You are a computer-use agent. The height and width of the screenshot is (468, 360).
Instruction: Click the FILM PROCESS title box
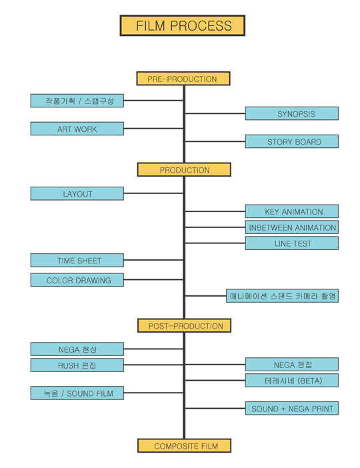click(183, 26)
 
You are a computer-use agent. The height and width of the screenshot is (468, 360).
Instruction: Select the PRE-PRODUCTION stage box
click(183, 79)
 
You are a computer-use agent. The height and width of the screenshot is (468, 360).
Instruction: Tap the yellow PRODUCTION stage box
click(184, 169)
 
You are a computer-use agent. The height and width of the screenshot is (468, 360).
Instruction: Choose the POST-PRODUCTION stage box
click(184, 325)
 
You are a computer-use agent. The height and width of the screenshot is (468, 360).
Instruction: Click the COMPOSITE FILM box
click(184, 445)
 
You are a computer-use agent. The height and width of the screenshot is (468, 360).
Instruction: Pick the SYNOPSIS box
click(291, 113)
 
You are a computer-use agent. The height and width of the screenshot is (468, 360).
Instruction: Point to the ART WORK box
click(77, 129)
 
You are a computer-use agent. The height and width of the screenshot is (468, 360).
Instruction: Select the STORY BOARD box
click(291, 141)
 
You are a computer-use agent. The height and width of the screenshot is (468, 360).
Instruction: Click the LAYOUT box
click(77, 193)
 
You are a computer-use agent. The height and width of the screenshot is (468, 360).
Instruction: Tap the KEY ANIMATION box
click(291, 211)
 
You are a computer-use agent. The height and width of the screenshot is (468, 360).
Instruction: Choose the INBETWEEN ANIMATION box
click(291, 227)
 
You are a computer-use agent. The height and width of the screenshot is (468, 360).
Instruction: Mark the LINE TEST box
click(291, 243)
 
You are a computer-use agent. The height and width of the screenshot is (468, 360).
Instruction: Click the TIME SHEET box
click(77, 260)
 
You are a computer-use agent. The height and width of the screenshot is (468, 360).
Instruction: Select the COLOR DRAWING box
click(77, 280)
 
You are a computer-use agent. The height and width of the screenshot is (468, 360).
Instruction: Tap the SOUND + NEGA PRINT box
click(291, 408)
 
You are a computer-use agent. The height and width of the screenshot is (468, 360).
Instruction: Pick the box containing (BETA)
click(291, 380)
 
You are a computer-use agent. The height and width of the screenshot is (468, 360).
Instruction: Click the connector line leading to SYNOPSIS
click(215, 113)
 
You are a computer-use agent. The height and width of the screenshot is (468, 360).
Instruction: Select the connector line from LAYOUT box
click(153, 193)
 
